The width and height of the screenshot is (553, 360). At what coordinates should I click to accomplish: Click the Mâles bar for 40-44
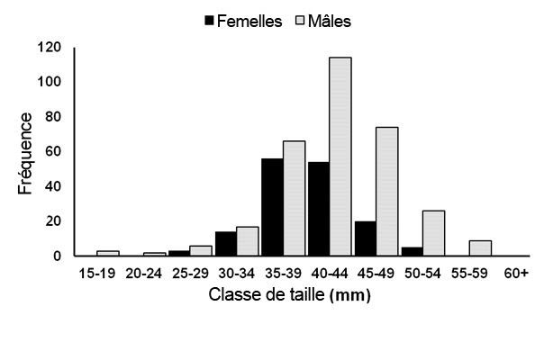click(340, 157)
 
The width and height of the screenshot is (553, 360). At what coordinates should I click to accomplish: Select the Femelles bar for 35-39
click(272, 207)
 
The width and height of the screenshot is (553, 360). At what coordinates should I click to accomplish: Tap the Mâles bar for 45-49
click(387, 191)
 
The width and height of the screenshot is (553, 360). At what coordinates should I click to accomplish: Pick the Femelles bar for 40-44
click(318, 209)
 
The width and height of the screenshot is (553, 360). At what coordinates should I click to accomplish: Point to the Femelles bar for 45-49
click(365, 238)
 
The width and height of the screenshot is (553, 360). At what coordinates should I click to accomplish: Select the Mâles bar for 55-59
click(480, 247)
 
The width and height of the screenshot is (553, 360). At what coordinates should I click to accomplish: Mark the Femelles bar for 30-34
click(225, 243)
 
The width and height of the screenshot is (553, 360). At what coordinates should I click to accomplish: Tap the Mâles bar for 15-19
click(108, 253)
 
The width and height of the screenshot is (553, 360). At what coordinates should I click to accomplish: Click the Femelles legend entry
click(243, 19)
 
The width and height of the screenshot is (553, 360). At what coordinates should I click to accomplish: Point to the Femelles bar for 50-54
click(411, 251)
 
